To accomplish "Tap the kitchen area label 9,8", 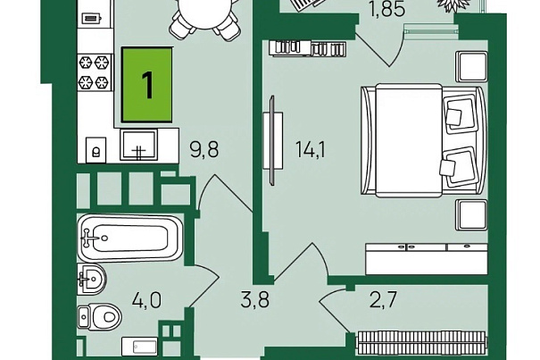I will [204, 149].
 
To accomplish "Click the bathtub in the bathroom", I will [129, 238].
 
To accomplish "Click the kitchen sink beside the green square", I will [139, 146].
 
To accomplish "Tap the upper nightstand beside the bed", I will [470, 67].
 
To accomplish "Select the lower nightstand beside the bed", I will [470, 215].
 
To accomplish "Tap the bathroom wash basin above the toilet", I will [92, 280].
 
